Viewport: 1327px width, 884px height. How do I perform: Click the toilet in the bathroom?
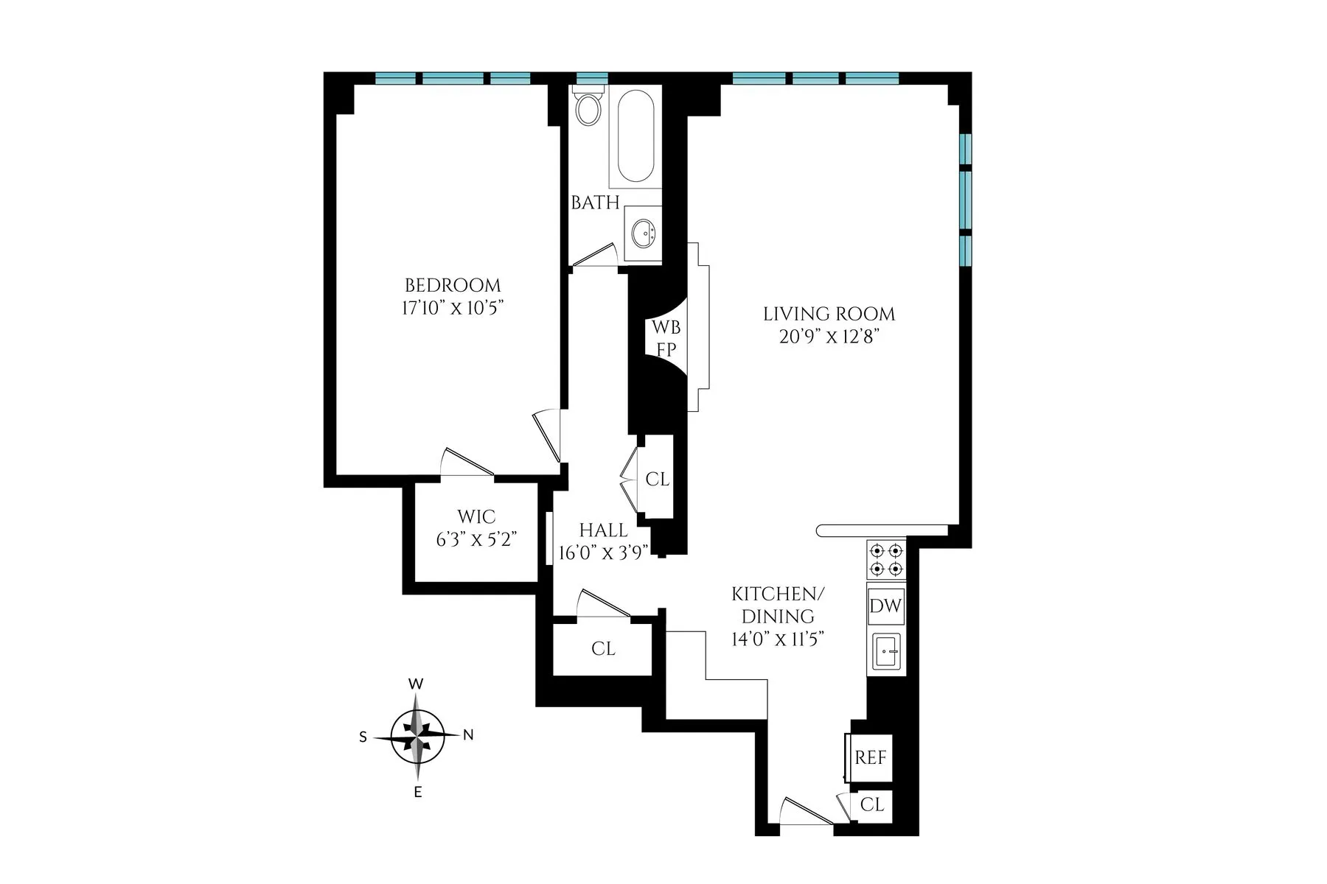tap(588, 108)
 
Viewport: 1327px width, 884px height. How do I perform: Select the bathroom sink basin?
tap(643, 234)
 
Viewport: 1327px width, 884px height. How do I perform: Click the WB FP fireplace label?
tap(665, 338)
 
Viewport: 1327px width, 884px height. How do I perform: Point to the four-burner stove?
tap(885, 559)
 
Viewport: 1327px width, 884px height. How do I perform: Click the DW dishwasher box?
tap(885, 606)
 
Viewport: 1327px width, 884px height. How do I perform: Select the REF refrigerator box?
tap(871, 757)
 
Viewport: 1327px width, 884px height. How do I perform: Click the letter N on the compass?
tap(467, 734)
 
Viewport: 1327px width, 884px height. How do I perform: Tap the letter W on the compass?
tap(416, 684)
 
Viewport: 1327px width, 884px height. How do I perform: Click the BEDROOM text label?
tap(453, 285)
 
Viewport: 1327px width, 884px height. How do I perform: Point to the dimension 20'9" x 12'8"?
tap(829, 337)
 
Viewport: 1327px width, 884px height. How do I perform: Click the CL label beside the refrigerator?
tap(872, 805)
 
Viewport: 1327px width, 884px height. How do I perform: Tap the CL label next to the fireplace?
tap(657, 480)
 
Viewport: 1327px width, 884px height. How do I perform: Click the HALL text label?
tap(603, 530)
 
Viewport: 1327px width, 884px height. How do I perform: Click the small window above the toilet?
tap(591, 78)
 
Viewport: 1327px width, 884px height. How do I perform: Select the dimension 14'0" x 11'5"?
tap(777, 638)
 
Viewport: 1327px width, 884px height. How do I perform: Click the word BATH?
tap(595, 203)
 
